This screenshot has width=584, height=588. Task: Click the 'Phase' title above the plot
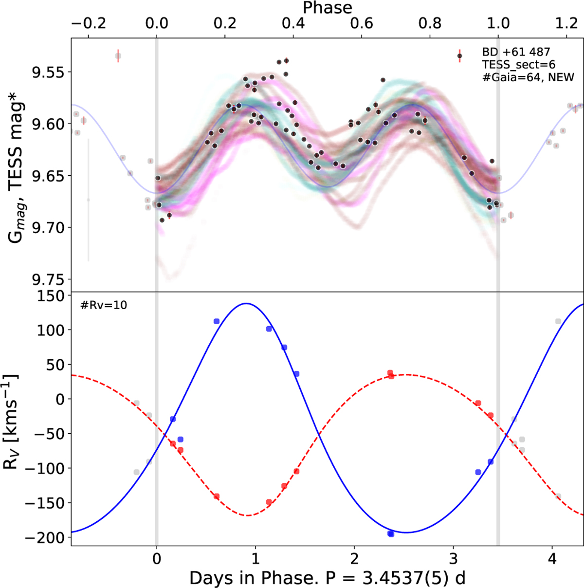tap(328, 8)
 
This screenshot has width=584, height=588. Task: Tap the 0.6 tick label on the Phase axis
tap(362, 23)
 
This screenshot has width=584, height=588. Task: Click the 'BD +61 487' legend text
tap(516, 52)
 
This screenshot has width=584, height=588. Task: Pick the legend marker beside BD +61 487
tap(459, 56)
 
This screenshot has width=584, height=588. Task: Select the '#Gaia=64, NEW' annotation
tap(528, 77)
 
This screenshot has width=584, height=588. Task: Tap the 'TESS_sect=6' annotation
tap(518, 65)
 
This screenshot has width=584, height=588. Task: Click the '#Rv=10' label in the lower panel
tap(104, 306)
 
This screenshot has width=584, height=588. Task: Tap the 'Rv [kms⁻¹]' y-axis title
tap(12, 422)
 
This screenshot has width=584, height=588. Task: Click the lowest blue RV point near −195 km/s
tap(390, 534)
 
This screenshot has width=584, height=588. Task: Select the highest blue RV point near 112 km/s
tap(217, 321)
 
